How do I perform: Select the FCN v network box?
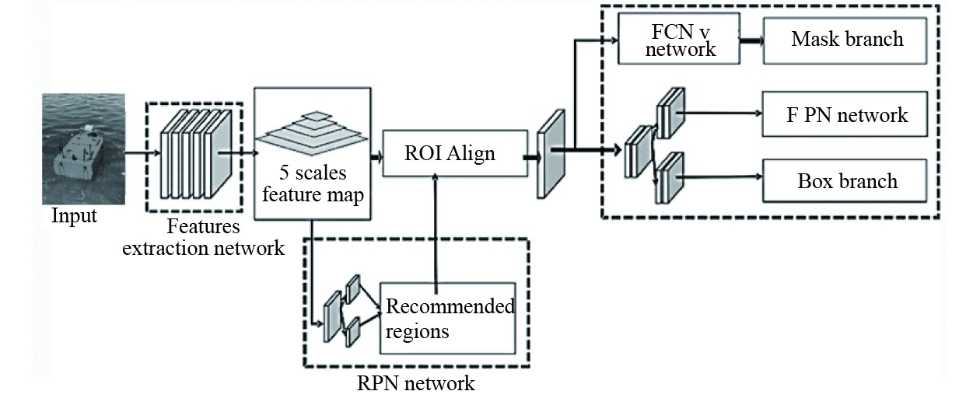click(668, 38)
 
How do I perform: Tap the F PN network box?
click(846, 115)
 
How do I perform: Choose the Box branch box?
click(846, 181)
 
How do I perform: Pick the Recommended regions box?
click(449, 317)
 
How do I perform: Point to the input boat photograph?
click(84, 148)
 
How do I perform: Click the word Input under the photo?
click(74, 215)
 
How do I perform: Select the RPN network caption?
click(415, 382)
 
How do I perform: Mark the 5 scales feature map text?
click(311, 184)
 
